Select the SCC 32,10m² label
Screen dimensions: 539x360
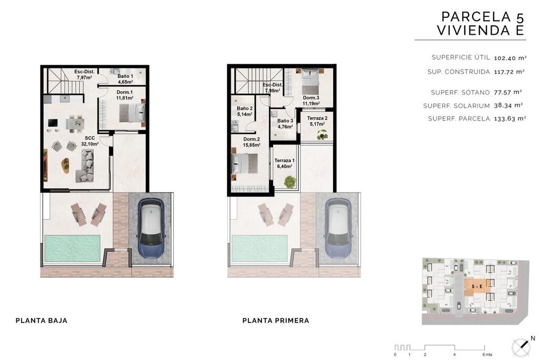(x=89, y=141)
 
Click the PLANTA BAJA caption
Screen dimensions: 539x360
(x=42, y=321)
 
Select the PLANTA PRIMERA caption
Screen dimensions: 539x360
(x=276, y=321)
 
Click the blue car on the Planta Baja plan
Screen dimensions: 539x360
(x=151, y=228)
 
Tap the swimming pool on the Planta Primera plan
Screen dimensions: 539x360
(x=259, y=248)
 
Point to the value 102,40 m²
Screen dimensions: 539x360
(x=510, y=58)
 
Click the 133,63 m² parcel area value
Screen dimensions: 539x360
(x=510, y=118)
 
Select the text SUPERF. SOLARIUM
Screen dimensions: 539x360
(x=456, y=106)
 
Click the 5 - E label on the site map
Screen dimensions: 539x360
(x=477, y=286)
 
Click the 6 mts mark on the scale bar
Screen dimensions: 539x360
(x=487, y=355)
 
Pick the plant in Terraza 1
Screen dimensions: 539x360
(x=290, y=182)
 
